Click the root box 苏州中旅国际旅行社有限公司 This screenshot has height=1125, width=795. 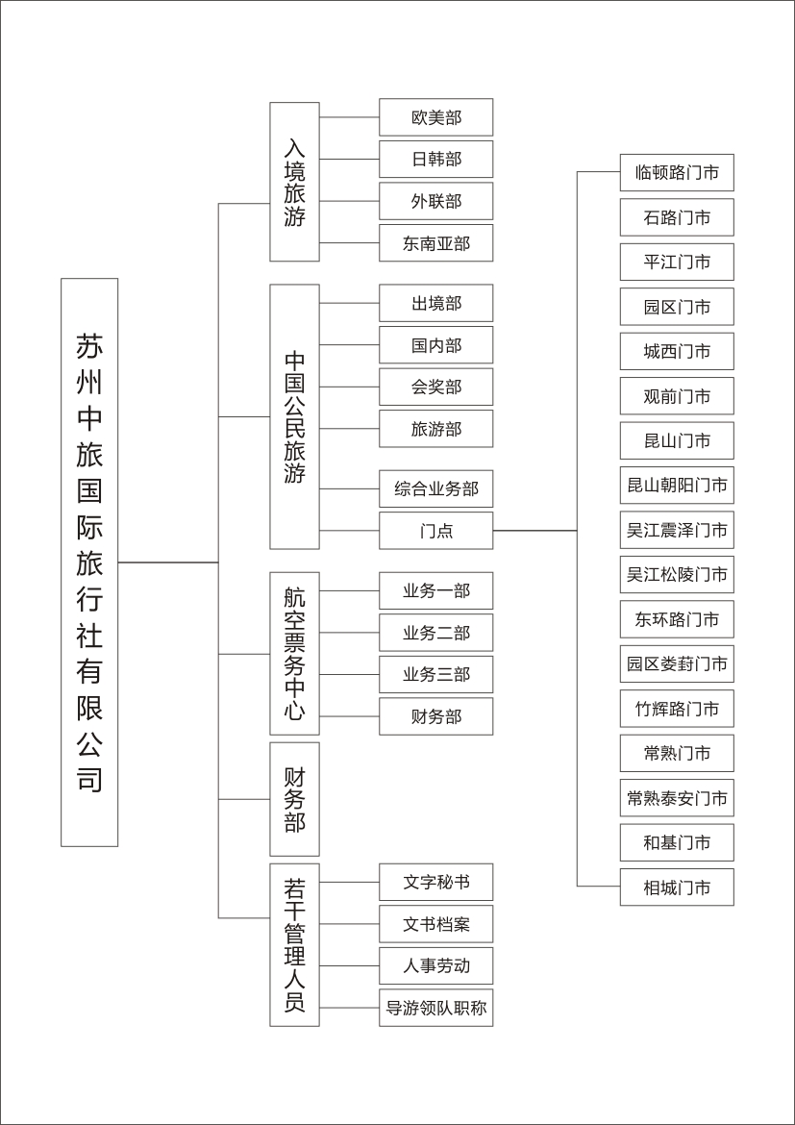(x=89, y=562)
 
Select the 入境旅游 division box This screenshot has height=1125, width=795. (x=294, y=182)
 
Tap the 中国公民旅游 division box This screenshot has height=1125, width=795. (x=294, y=417)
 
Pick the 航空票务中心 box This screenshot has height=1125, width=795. (x=294, y=654)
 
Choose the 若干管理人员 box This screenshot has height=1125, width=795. (x=294, y=945)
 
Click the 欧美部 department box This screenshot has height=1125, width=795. (x=436, y=117)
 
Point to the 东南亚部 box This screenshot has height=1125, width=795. (x=436, y=243)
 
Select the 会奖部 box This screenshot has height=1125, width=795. (x=436, y=387)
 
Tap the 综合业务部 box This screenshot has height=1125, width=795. (x=436, y=488)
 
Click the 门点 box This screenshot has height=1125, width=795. (x=436, y=531)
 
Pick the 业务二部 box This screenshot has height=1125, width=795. (x=436, y=633)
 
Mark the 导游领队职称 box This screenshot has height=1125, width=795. (x=436, y=1008)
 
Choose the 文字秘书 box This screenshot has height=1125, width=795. (x=436, y=882)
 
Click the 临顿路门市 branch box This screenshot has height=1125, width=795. (x=678, y=172)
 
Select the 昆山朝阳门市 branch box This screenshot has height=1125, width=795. (x=678, y=485)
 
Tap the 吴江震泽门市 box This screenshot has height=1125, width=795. (x=678, y=530)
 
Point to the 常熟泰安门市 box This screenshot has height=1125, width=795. (x=678, y=798)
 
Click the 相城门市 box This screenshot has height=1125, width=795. (x=678, y=887)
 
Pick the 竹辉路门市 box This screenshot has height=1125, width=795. (x=678, y=709)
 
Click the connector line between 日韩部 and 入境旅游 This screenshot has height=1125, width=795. (x=349, y=160)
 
